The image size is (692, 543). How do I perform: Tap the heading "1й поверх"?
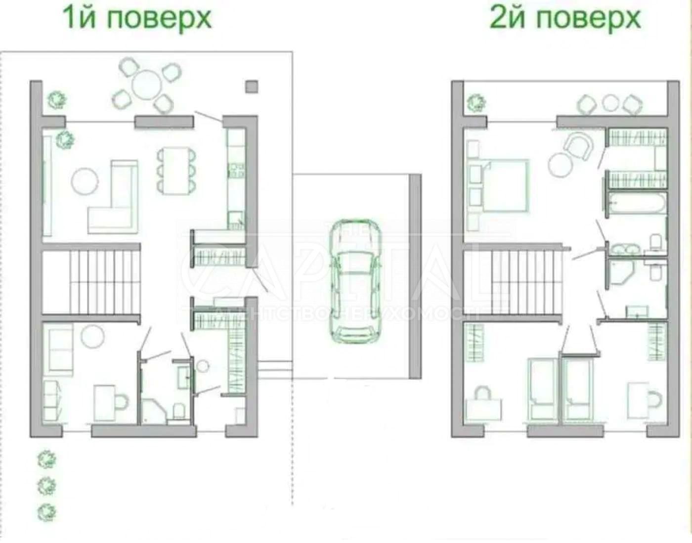point(137,18)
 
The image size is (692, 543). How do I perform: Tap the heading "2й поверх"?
point(565,18)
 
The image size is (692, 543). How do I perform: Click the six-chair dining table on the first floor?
point(175,170)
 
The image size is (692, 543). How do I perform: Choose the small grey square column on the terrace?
point(252,87)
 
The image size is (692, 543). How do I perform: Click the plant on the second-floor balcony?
point(476,103)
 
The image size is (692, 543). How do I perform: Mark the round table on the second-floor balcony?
point(611,103)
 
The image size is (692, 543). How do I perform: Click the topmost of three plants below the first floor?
point(47,459)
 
